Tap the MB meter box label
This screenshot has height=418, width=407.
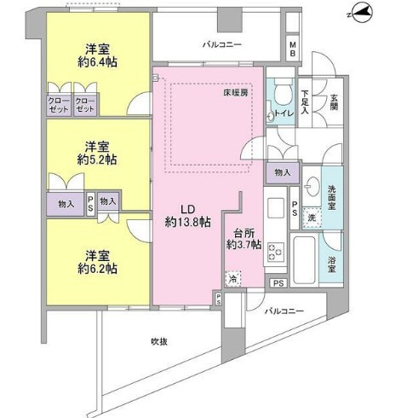[x=293, y=49]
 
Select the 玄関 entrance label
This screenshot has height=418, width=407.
[x=334, y=102]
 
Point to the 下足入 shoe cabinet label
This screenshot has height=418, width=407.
[x=305, y=102]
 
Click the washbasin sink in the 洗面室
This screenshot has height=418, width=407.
[x=312, y=187]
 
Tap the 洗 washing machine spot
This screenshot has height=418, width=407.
[x=312, y=218]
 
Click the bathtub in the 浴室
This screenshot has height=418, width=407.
[x=304, y=259]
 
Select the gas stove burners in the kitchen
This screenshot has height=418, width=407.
[x=275, y=252]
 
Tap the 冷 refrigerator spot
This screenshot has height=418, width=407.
[x=233, y=279]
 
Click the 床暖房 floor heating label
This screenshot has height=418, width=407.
[x=236, y=93]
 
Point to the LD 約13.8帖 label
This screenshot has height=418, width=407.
[x=187, y=216]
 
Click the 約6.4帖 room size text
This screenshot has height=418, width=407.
[x=97, y=62]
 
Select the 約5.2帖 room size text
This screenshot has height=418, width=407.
[x=97, y=160]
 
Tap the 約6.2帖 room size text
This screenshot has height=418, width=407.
[x=97, y=269]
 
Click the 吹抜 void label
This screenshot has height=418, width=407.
[x=159, y=341]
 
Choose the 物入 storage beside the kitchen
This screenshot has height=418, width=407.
[x=283, y=172]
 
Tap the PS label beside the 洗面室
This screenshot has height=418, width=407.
[x=295, y=208]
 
